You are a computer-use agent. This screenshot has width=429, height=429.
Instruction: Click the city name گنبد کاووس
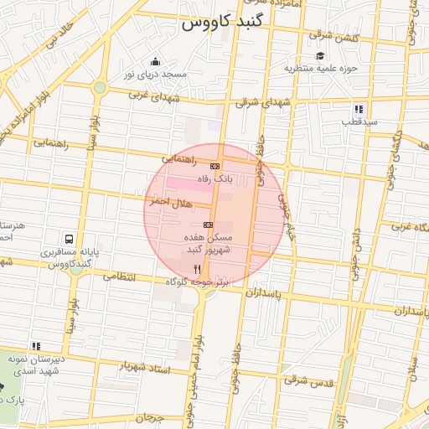222,23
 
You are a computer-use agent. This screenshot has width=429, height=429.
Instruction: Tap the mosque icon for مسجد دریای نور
155,61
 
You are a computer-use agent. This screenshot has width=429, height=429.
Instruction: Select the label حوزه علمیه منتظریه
321,68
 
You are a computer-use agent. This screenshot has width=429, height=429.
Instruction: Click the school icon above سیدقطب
359,109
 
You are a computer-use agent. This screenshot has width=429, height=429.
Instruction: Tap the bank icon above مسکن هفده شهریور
208,225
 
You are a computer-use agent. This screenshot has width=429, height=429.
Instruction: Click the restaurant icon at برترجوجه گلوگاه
198,269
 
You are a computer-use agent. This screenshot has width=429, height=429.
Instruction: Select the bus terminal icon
67,238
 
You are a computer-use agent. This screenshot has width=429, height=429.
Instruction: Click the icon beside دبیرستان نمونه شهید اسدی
35,345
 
